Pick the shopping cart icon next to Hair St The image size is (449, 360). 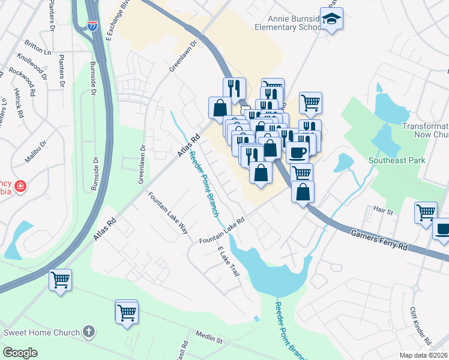coord(425,212)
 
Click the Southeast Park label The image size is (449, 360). coord(397,160)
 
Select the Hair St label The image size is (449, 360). coord(382,211)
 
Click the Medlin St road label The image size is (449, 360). coord(209,337)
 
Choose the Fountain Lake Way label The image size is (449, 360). coord(169,214)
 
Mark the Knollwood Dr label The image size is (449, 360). coord(33,67)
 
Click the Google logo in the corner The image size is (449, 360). coord(20,352)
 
